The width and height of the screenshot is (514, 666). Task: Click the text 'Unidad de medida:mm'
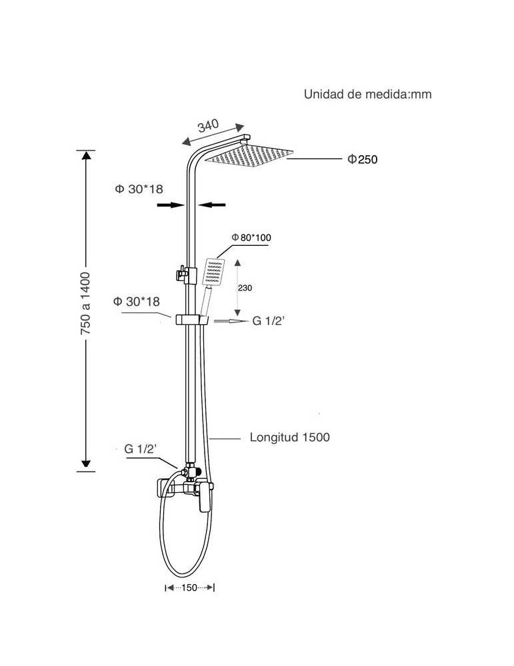[x=367, y=95]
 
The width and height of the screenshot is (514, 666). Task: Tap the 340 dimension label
[x=208, y=125]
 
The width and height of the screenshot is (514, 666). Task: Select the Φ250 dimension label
[x=362, y=159]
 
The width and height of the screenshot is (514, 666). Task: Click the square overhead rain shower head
[x=249, y=155]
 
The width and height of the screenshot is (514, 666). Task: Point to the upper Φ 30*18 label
[x=139, y=189]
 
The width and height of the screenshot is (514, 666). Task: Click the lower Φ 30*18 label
[x=137, y=302]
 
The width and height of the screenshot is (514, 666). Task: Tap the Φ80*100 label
[x=251, y=238]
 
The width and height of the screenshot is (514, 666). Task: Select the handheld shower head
[x=213, y=272]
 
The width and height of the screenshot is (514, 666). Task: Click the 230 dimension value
[x=245, y=288]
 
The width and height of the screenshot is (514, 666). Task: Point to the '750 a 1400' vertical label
[x=85, y=303]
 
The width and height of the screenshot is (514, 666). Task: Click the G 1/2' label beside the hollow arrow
[x=268, y=321]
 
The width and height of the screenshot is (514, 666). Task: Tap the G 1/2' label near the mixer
[x=140, y=448]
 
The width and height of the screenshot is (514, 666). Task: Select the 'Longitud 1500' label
[x=289, y=437]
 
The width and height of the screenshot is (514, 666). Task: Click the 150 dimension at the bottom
[x=189, y=588]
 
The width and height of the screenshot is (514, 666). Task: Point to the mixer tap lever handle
[x=205, y=496]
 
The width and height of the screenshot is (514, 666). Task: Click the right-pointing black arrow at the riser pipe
[x=171, y=205]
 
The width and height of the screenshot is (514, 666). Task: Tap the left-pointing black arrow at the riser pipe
[x=212, y=205]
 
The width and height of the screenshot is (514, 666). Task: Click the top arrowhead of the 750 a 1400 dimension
[x=86, y=155]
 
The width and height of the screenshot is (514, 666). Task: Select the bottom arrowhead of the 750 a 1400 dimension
[x=86, y=464]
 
